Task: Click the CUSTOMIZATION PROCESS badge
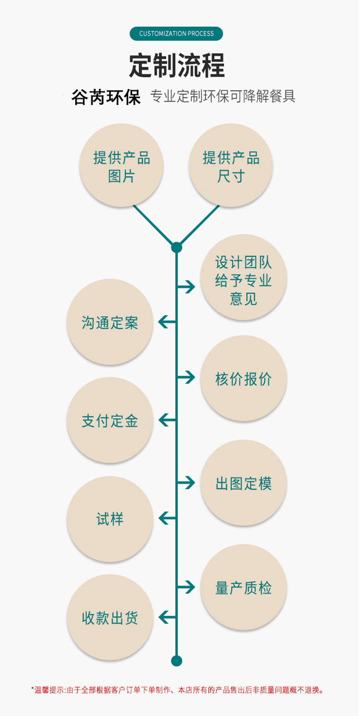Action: pyautogui.click(x=176, y=34)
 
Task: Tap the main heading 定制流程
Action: pyautogui.click(x=177, y=65)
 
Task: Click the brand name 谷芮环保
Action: pyautogui.click(x=106, y=97)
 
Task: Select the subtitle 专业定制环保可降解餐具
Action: pyautogui.click(x=223, y=96)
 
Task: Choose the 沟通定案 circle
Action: pyautogui.click(x=110, y=322)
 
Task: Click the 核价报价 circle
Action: pyautogui.click(x=243, y=378)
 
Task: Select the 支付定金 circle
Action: pyautogui.click(x=110, y=420)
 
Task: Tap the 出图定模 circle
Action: pyautogui.click(x=243, y=483)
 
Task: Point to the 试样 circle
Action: pyautogui.click(x=110, y=518)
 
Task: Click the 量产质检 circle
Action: pyautogui.click(x=243, y=588)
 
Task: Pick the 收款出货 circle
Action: pyautogui.click(x=110, y=618)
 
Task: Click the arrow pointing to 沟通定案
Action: pyautogui.click(x=167, y=322)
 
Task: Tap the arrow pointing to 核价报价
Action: pyautogui.click(x=186, y=377)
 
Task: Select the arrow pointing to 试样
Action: pyautogui.click(x=167, y=518)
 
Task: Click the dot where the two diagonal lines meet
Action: pyautogui.click(x=176, y=248)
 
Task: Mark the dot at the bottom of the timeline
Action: pyautogui.click(x=176, y=660)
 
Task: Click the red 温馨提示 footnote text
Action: pyautogui.click(x=178, y=690)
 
